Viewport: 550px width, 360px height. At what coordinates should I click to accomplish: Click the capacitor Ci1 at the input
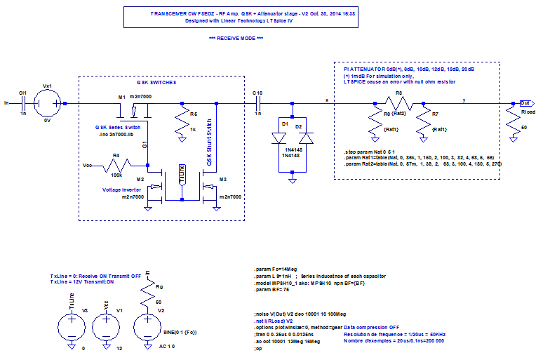[23, 103]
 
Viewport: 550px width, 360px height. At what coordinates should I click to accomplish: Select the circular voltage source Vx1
[48, 103]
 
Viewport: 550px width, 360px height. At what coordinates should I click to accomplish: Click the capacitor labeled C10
[257, 103]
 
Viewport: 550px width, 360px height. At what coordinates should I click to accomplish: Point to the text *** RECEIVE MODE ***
[236, 38]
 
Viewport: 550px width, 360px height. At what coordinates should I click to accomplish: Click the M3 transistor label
[223, 180]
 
